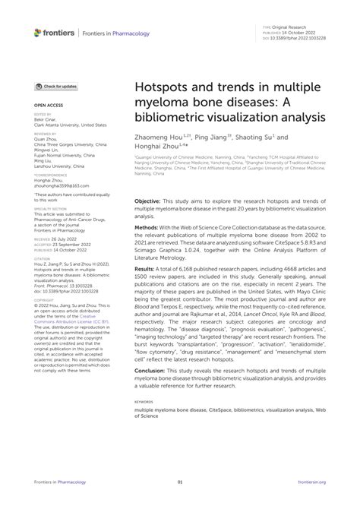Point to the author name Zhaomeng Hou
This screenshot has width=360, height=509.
[x=159, y=139]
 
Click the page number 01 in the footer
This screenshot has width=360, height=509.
[x=180, y=482]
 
